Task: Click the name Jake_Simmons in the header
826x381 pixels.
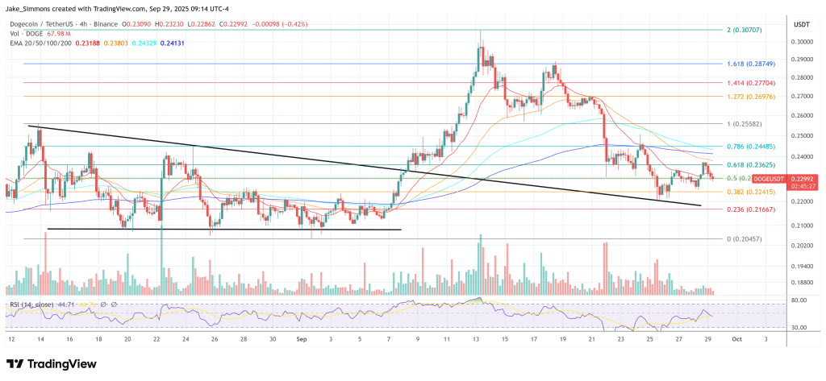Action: pos(29,8)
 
